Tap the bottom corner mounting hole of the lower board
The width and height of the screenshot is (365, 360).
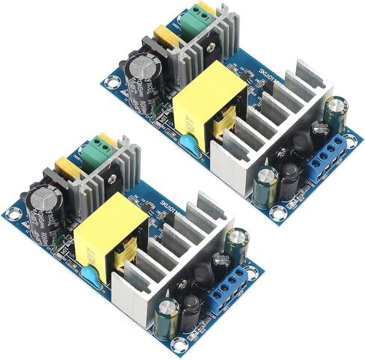[x=177, y=345]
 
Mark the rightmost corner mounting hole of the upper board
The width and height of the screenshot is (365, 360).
[x=355, y=136]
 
